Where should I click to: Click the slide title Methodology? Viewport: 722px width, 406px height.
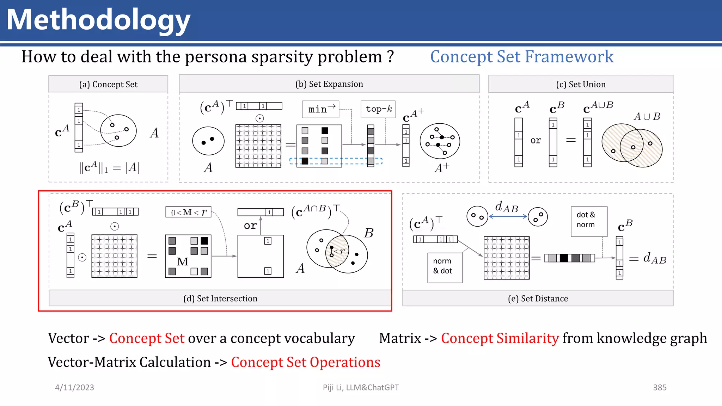(x=98, y=20)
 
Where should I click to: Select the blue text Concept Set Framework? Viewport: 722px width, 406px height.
(x=522, y=57)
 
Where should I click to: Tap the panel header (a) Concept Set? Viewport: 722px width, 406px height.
(x=108, y=84)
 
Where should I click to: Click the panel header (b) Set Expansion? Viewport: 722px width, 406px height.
(x=329, y=84)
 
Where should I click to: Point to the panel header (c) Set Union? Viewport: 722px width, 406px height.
(x=581, y=84)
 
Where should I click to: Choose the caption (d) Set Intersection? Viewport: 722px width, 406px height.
(x=220, y=299)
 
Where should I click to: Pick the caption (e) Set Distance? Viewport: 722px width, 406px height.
(x=538, y=299)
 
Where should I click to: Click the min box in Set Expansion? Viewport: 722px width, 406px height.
(x=320, y=109)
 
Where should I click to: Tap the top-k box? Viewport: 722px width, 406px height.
(x=378, y=109)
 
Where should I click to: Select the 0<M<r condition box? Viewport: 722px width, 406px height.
(x=188, y=212)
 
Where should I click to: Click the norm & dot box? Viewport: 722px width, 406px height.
(x=445, y=267)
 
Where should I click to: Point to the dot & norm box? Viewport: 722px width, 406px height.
(x=589, y=221)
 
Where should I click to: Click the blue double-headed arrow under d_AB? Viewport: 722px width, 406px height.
(x=508, y=216)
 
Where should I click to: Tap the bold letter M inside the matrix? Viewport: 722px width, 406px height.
(x=183, y=262)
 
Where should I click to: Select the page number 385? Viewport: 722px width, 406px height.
(x=660, y=387)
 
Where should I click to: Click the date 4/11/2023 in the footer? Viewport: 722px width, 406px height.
(x=74, y=387)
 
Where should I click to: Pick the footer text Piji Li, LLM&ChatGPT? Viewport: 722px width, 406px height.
(x=361, y=387)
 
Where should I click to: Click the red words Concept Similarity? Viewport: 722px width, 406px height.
(x=500, y=338)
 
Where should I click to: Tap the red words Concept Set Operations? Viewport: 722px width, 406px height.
(x=305, y=362)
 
